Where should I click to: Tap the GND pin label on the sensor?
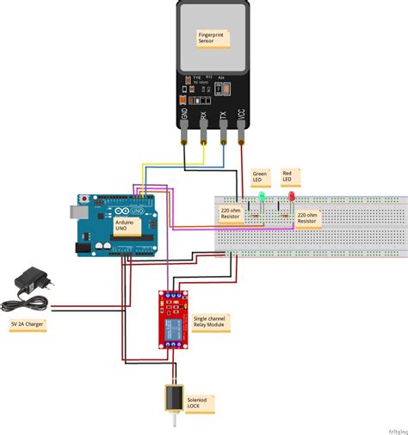tap(184, 112)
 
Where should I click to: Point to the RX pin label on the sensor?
tap(203, 112)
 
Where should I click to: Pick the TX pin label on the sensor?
tap(222, 112)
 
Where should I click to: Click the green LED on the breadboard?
tap(261, 199)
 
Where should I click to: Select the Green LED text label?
tap(261, 177)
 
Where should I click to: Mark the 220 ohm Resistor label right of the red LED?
tap(308, 217)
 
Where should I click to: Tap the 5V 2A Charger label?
tap(28, 324)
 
